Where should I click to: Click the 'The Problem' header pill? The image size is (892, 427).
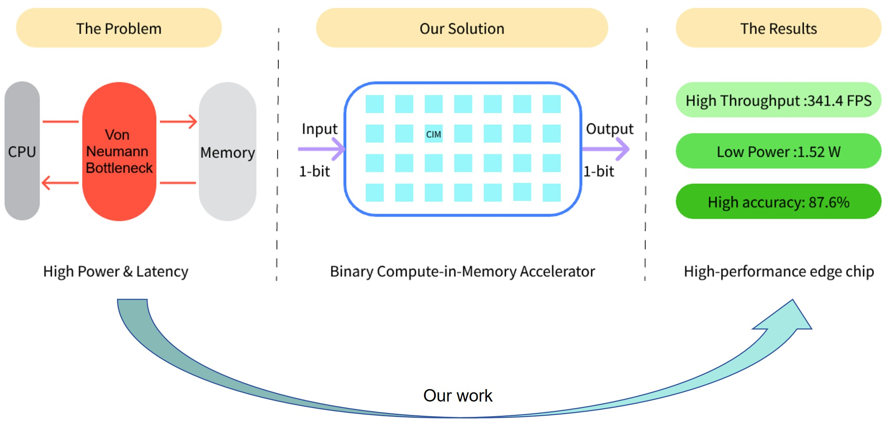tap(119, 28)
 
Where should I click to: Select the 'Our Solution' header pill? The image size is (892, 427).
tap(462, 28)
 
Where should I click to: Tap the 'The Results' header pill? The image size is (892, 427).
tap(779, 28)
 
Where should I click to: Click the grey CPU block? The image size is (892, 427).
tap(22, 151)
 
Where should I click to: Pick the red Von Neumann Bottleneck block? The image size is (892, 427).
tap(119, 151)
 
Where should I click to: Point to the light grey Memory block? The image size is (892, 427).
tap(228, 151)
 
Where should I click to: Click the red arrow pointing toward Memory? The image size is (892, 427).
tap(178, 121)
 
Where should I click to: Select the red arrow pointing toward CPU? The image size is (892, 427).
tap(60, 183)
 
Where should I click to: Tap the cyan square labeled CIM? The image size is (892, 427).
tap(434, 134)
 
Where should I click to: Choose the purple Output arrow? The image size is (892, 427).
tap(606, 149)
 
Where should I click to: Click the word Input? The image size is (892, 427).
tap(320, 129)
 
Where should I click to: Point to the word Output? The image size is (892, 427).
tap(610, 129)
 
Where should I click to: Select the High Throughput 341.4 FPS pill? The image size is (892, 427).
tap(779, 100)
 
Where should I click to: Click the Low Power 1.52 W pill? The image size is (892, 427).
tap(779, 151)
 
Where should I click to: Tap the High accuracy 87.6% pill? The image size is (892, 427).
tap(779, 201)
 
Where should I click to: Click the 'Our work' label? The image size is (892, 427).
tap(458, 396)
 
